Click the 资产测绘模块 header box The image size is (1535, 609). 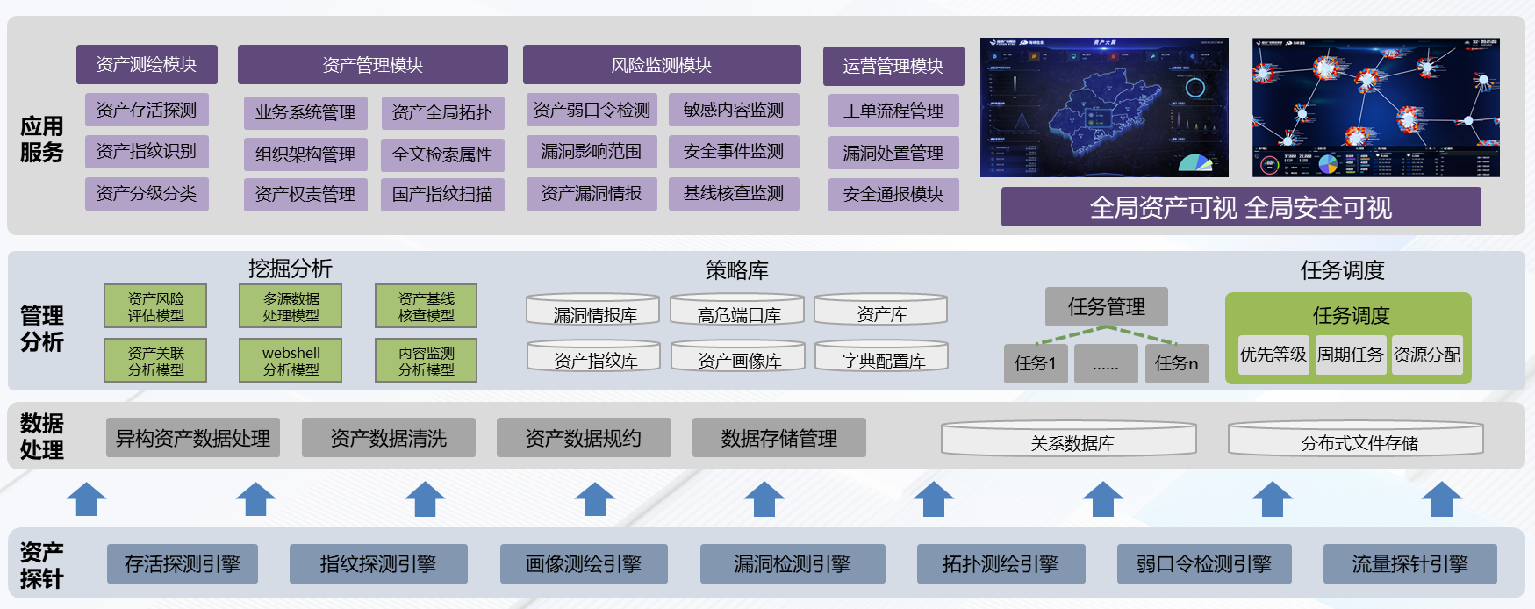[x=147, y=65]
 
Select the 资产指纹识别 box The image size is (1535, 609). [x=147, y=152]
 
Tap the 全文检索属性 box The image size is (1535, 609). [x=442, y=155]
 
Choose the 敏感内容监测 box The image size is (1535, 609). [x=734, y=110]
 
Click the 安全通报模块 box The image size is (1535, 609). [x=893, y=195]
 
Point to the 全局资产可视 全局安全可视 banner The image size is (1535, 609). [x=1240, y=207]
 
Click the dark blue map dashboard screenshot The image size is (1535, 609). [x=1104, y=107]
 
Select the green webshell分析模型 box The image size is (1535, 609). [x=291, y=361]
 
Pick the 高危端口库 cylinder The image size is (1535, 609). [x=738, y=311]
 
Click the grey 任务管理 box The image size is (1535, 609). [x=1106, y=306]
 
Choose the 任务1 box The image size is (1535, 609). [x=1036, y=363]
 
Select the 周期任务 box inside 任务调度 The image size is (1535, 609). [x=1350, y=355]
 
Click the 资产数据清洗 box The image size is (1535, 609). [x=389, y=438]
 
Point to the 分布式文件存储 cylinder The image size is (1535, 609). [x=1356, y=440]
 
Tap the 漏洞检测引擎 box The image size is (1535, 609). [x=793, y=564]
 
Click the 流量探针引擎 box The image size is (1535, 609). [x=1409, y=564]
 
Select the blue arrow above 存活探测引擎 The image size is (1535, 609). [x=86, y=498]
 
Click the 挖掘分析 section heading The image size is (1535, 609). [x=290, y=269]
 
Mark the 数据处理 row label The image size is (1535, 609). [x=41, y=436]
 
